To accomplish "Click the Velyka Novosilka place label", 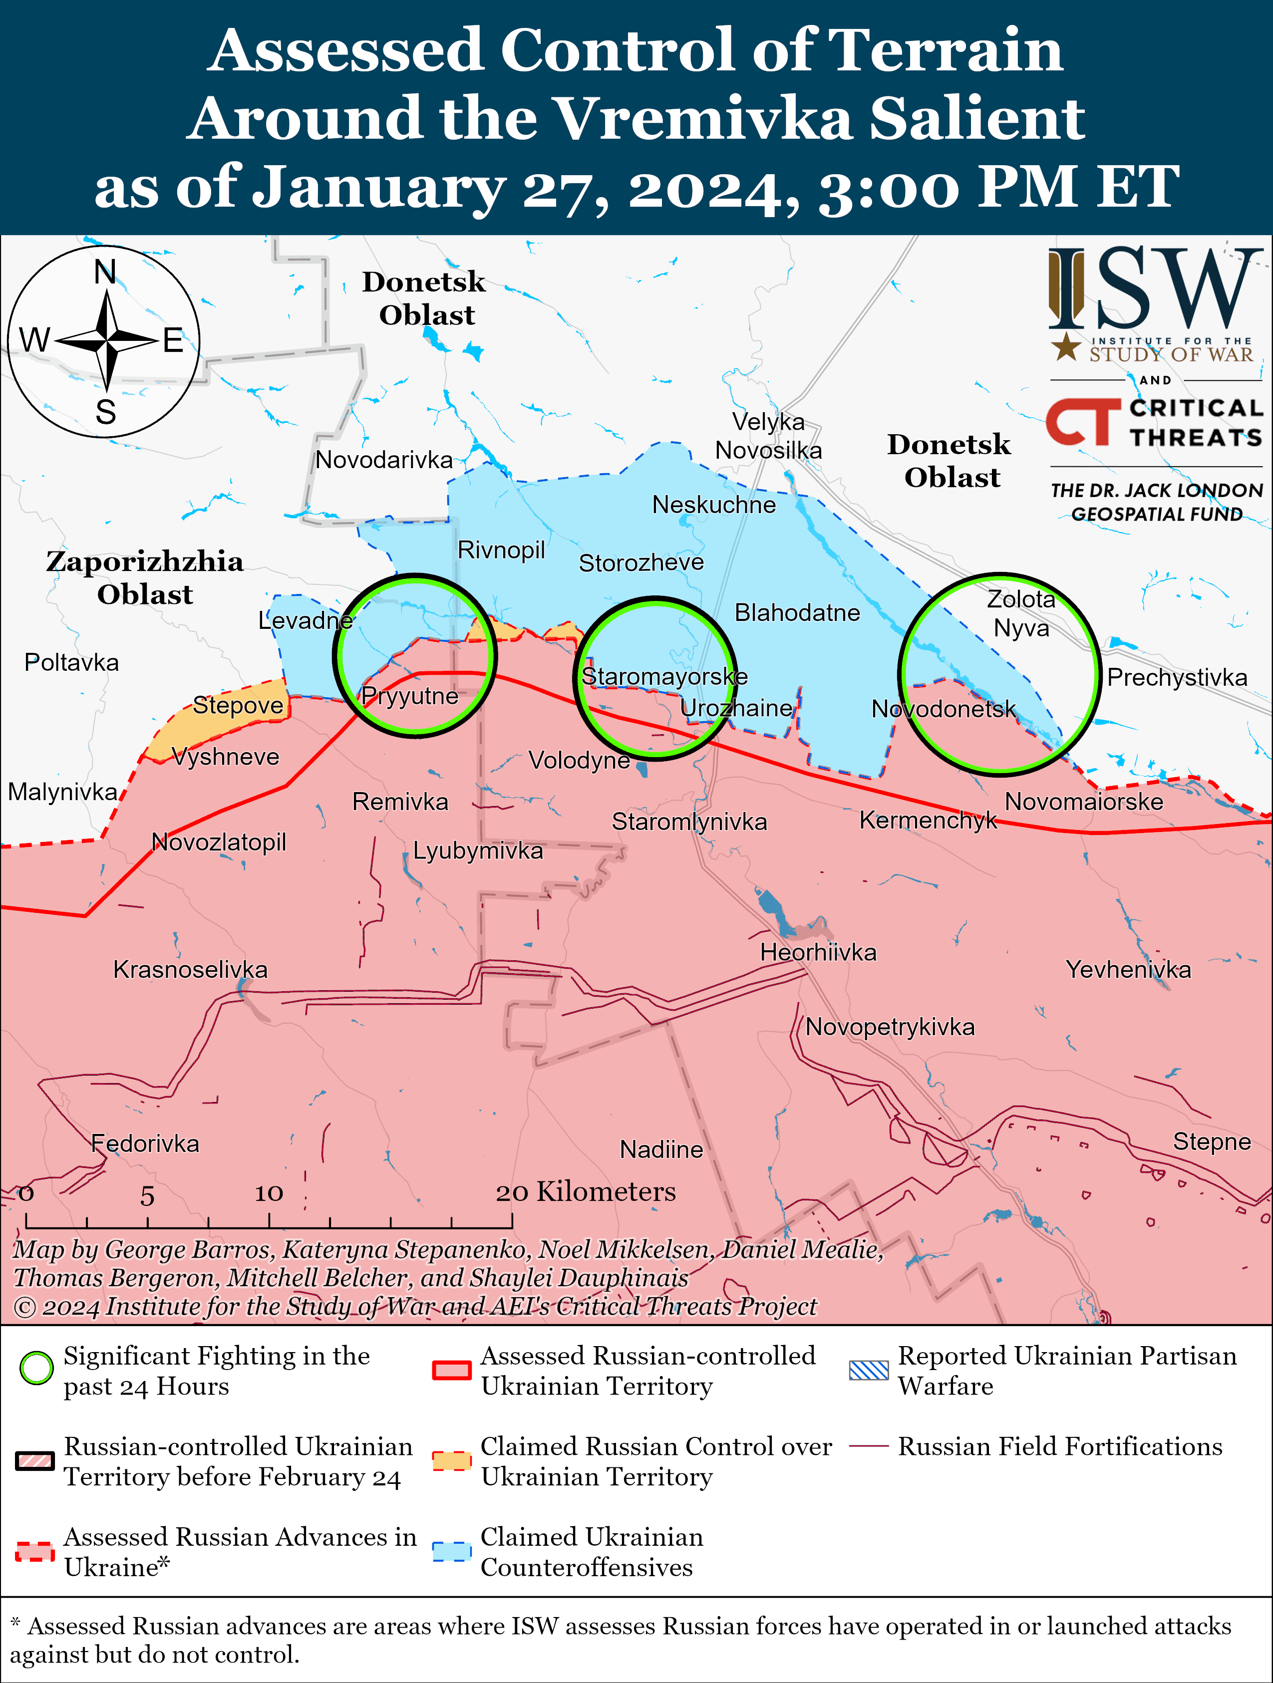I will pyautogui.click(x=768, y=436).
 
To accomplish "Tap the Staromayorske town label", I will pyautogui.click(x=664, y=676).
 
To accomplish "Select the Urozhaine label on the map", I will pyautogui.click(x=736, y=708).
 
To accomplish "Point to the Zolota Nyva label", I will pyautogui.click(x=1021, y=614).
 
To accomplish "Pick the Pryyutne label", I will pyautogui.click(x=409, y=696).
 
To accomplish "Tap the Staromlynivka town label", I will pyautogui.click(x=689, y=822).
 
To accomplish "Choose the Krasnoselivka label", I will pyautogui.click(x=190, y=969).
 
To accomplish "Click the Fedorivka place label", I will pyautogui.click(x=145, y=1143).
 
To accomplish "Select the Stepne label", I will pyautogui.click(x=1212, y=1141).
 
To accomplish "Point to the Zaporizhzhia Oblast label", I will pyautogui.click(x=145, y=577).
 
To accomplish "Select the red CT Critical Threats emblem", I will pyautogui.click(x=1082, y=422).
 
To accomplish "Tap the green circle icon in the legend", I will pyautogui.click(x=36, y=1369).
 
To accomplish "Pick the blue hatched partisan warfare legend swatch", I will pyautogui.click(x=868, y=1370).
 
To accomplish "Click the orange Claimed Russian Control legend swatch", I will pyautogui.click(x=451, y=1461).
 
